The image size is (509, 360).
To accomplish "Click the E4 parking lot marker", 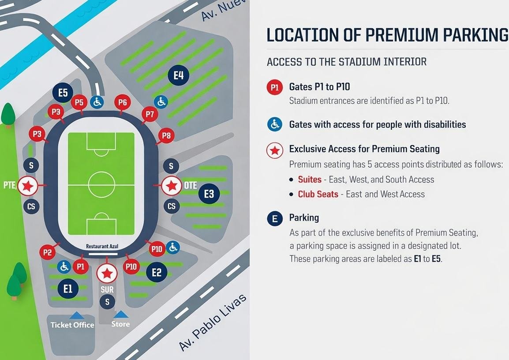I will coord(178,75).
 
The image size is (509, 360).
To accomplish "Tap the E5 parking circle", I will coord(63,93).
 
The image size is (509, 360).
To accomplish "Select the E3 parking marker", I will coord(209,194).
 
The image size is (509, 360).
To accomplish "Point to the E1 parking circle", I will coord(68,289).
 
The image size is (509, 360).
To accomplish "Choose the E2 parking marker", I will coord(157,272).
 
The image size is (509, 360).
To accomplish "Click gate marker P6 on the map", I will coord(122,103).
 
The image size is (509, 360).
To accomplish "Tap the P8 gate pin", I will coord(166,136).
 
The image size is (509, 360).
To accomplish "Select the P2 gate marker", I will coord(48,252).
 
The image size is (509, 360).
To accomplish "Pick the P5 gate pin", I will coord(79,103).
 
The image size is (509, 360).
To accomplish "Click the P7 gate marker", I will coord(150,115).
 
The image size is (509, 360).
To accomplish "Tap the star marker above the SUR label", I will coord(107,274).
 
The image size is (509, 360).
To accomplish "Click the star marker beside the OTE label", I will coord(171,186).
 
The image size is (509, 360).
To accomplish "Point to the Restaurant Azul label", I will coord(102,246).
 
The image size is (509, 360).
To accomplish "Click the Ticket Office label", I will coord(72,325).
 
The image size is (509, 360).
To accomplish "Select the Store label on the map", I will coord(120,324).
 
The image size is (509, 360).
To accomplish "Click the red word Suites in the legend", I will coord(310,180).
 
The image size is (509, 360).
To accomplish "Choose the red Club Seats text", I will coord(318,194).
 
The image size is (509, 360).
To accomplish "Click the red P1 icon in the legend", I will coord(275,87).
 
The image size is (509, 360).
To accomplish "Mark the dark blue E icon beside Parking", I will coord(275,218).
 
